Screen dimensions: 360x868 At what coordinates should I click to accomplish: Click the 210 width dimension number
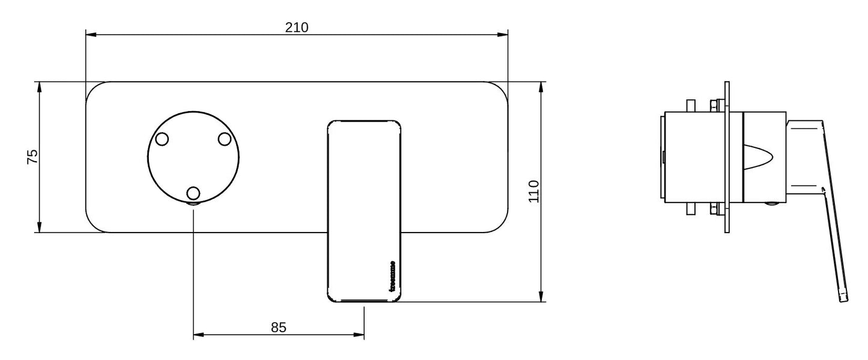[297, 27]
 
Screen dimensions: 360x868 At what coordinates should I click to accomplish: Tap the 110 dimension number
[534, 191]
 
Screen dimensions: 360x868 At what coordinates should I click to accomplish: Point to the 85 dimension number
[278, 328]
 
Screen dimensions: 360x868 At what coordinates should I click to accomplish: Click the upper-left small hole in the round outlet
[161, 139]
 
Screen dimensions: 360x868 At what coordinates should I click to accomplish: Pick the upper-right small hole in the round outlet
[225, 139]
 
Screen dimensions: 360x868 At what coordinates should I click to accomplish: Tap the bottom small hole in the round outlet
[193, 193]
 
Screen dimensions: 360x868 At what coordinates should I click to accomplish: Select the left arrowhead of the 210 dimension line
[92, 35]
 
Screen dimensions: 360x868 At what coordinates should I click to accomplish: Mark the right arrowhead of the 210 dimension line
[502, 35]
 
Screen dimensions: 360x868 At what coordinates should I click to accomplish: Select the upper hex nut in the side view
[715, 106]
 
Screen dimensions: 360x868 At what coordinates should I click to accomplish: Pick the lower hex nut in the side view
[715, 210]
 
